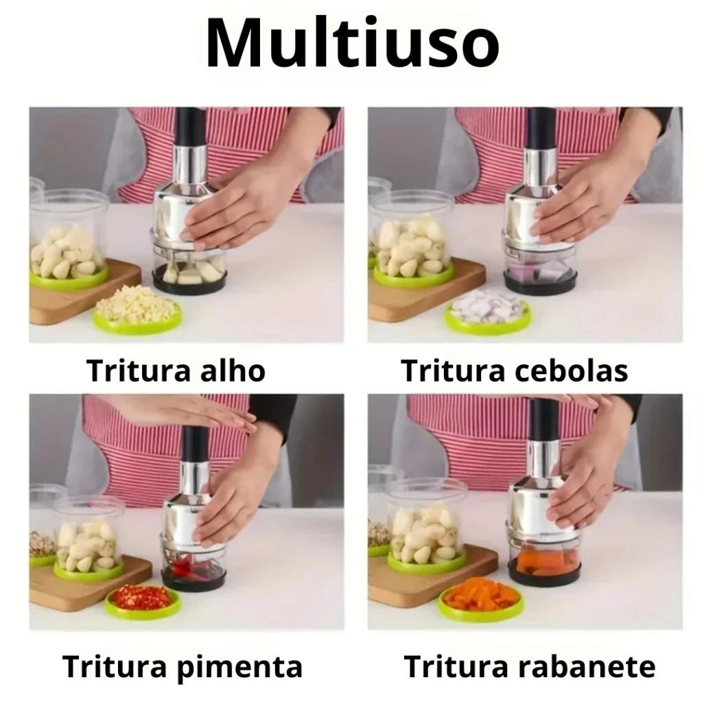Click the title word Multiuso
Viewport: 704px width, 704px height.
(353, 43)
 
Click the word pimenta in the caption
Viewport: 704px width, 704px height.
(239, 667)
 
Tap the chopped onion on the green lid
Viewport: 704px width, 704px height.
(488, 306)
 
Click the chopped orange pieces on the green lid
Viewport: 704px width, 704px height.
(480, 594)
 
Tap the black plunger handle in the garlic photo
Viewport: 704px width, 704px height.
(191, 127)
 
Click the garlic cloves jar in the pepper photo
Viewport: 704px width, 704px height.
(89, 539)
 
